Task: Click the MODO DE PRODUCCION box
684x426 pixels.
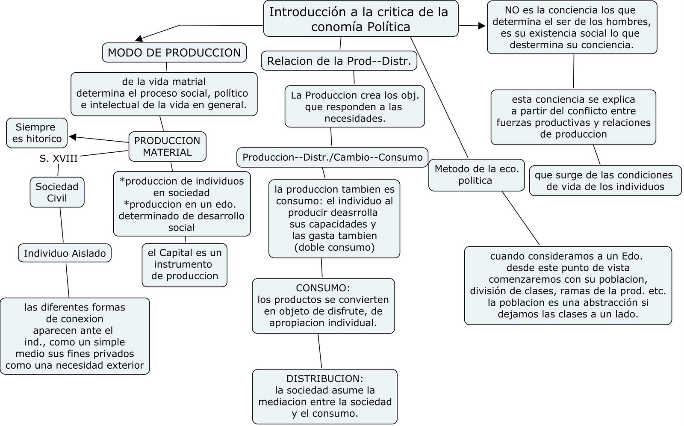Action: pos(174,53)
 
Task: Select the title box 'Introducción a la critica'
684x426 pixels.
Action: pos(360,19)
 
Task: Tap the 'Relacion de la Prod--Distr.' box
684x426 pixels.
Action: pos(339,61)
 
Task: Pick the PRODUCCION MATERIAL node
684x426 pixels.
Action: pos(167,146)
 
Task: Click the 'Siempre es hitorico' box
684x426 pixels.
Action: pos(37,133)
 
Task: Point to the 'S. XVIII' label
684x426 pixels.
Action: pos(59,159)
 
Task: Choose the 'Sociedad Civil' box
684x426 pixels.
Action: pos(57,192)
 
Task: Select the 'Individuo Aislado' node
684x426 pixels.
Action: pos(65,253)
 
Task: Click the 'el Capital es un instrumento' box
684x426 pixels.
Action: pos(185,265)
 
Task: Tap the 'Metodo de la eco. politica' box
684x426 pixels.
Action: pos(476,175)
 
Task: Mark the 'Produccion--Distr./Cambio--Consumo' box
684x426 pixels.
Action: pos(332,157)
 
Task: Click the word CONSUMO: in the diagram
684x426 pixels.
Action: pos(323,288)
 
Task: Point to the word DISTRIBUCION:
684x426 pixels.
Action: pos(324,379)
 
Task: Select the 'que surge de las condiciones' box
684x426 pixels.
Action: pos(605,180)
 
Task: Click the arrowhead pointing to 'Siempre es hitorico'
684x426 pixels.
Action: pos(73,137)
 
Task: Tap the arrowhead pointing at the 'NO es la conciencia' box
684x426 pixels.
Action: pos(482,26)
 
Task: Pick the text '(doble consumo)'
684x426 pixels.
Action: pos(334,247)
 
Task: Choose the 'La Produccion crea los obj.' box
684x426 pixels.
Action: pos(354,107)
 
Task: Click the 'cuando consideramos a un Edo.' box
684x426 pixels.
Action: pos(568,285)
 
